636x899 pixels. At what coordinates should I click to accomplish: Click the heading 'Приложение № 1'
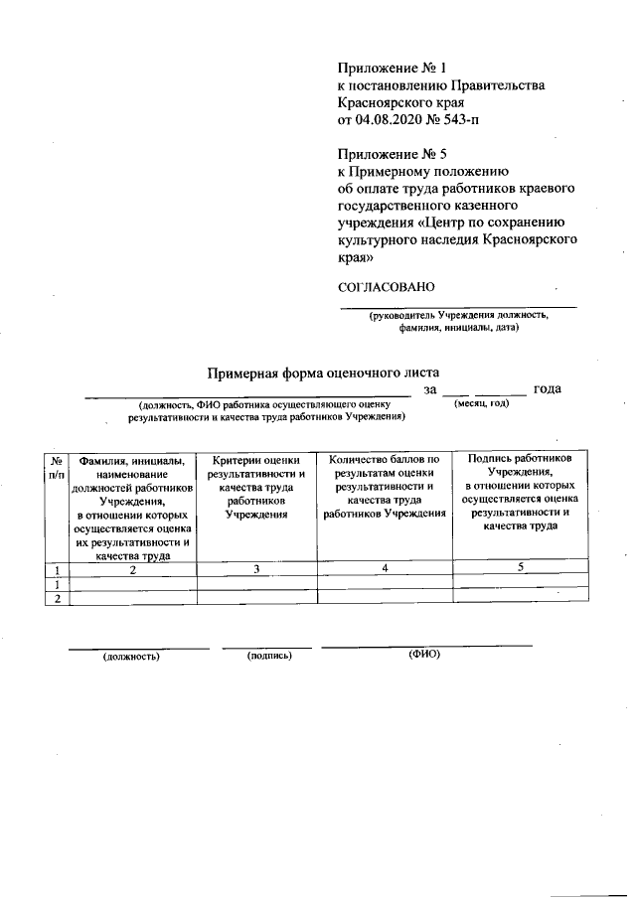coord(395,69)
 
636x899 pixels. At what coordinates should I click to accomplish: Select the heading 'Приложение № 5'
coord(395,153)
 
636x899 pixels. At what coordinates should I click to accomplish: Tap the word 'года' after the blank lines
coord(548,388)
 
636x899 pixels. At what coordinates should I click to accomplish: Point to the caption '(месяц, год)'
coord(481,404)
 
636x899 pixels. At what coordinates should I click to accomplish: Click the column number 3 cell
coord(256,569)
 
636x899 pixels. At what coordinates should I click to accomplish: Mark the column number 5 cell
coord(520,567)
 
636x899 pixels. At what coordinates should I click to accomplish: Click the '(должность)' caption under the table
coord(131,657)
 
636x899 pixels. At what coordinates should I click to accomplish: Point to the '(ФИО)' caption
coord(424,655)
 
